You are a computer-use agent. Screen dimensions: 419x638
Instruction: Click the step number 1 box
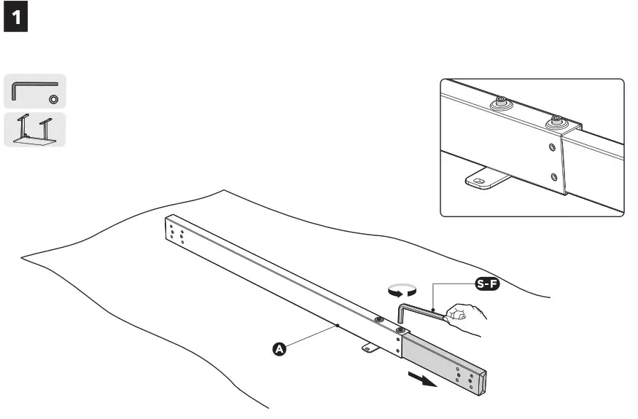(17, 20)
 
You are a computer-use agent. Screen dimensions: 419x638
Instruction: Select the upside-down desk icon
(35, 130)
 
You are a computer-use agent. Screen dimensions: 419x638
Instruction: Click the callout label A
(278, 350)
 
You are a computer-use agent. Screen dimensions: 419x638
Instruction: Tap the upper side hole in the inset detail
(552, 148)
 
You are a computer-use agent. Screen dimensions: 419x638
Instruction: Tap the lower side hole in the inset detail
(555, 176)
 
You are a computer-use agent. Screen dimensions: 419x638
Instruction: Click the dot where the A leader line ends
(338, 325)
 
